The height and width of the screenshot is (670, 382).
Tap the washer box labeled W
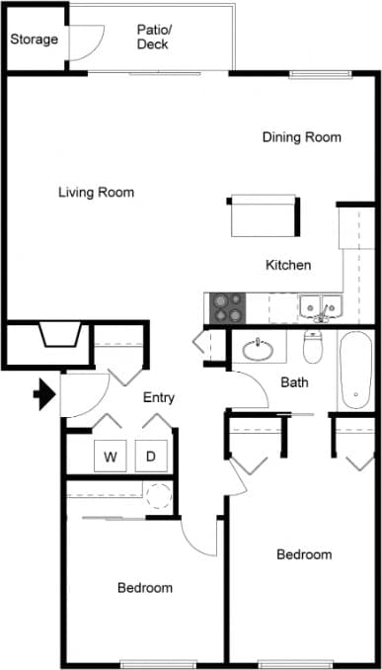(111, 457)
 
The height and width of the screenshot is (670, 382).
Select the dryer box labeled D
(151, 457)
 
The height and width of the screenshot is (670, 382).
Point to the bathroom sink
(262, 348)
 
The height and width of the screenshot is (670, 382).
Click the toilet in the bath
(314, 347)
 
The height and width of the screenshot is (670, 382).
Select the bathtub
(356, 371)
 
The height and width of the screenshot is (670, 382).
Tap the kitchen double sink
(320, 307)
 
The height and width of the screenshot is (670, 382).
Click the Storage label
(34, 40)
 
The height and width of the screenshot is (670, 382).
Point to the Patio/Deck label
(152, 37)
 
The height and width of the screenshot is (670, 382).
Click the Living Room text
(96, 192)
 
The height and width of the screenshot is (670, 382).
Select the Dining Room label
(301, 137)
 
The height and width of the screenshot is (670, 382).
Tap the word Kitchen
(288, 265)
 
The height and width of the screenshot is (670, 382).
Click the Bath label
(294, 382)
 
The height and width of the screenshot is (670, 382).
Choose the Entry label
(159, 398)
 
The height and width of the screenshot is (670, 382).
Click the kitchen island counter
(264, 215)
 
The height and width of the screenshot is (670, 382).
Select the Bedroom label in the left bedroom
(145, 588)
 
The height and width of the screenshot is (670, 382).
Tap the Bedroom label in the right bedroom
(304, 554)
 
